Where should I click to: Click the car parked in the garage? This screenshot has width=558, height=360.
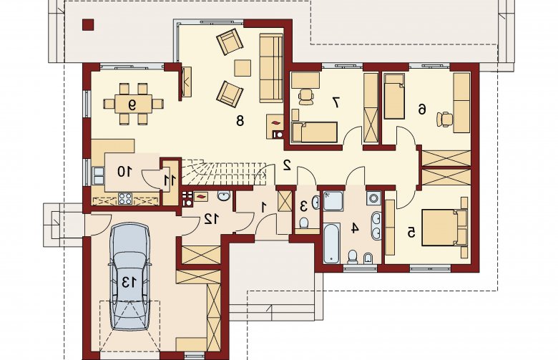coord(129,276)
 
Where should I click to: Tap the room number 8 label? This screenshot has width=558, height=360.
coord(240,121)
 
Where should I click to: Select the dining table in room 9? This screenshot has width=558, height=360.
coord(133,104)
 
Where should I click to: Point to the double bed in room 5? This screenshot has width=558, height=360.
coord(444,228)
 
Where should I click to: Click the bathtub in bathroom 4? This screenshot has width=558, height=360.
coord(332,243)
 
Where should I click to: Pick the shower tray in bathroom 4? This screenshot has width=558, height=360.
coord(333,201)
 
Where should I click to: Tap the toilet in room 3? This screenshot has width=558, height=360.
coord(304,223)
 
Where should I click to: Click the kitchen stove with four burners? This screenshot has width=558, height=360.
coord(125,199)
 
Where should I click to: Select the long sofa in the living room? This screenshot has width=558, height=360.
coord(271,68)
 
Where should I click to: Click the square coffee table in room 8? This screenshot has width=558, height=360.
coord(243,68)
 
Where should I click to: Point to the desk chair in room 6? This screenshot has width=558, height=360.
coord(445,119)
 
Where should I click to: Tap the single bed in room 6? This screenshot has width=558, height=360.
coord(394,96)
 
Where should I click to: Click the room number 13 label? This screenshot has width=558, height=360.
coord(129,282)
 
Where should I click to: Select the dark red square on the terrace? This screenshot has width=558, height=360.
coord(88,24)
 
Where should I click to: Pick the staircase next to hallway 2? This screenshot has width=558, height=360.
coord(224,172)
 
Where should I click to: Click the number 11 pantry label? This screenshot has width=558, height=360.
coord(170,180)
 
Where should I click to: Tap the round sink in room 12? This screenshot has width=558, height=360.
coord(223,197)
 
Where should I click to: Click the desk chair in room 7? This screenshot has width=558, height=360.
coord(305,97)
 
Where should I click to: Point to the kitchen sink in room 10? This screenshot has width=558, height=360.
coord(98,175)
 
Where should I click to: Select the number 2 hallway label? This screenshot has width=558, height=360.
coord(287,165)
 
